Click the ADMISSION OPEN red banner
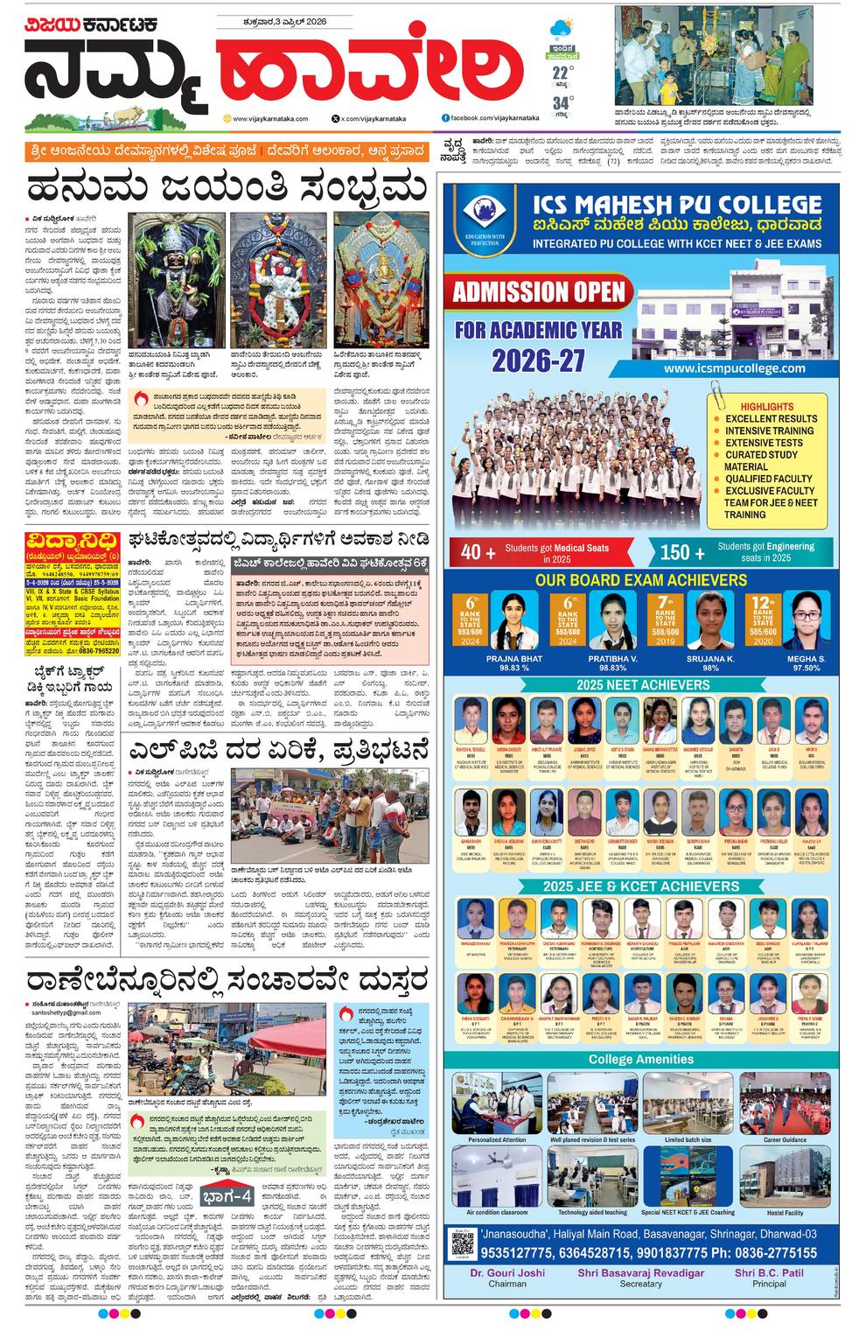point(538,291)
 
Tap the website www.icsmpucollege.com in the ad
point(734,368)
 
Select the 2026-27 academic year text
point(538,360)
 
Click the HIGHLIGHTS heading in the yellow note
point(766,407)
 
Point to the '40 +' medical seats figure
point(472,551)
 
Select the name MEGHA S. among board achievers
point(806,658)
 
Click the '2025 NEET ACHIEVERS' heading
point(642,684)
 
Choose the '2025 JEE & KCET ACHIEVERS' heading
point(641,886)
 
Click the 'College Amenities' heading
point(641,1059)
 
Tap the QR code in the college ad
point(463,1243)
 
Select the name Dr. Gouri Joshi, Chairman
point(507,1273)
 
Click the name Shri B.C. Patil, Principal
point(769,1273)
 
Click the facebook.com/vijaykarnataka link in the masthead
point(483,117)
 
